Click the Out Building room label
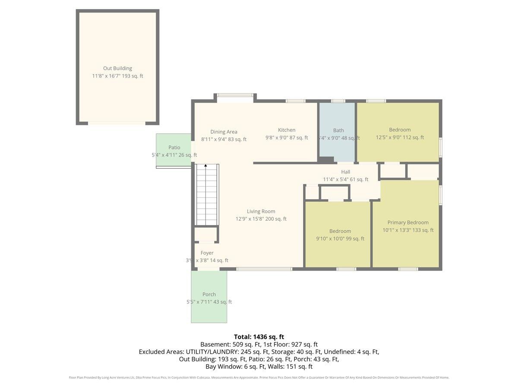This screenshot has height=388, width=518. click(x=117, y=68)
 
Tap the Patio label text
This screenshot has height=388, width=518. click(x=174, y=147)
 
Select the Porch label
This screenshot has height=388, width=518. click(x=209, y=294)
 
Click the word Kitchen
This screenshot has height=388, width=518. click(x=287, y=130)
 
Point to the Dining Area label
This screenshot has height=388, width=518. click(x=224, y=132)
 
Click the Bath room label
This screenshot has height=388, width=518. click(x=338, y=130)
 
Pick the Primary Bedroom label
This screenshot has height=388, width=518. click(x=408, y=222)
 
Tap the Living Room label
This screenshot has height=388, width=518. click(x=261, y=211)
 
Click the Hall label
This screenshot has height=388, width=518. click(x=345, y=172)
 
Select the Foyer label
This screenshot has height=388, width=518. click(x=207, y=253)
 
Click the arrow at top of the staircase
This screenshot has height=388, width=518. click(x=205, y=166)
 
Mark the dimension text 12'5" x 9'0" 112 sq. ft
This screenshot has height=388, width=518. click(x=400, y=138)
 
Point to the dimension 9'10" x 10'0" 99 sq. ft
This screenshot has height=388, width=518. click(x=340, y=239)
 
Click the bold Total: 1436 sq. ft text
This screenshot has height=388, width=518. click(x=259, y=337)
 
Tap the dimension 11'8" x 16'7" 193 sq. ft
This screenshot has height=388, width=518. click(x=117, y=76)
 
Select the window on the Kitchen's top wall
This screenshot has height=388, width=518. click(x=295, y=101)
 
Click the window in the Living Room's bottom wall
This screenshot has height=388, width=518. click(x=264, y=269)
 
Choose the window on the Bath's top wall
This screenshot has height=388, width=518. click(x=338, y=101)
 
